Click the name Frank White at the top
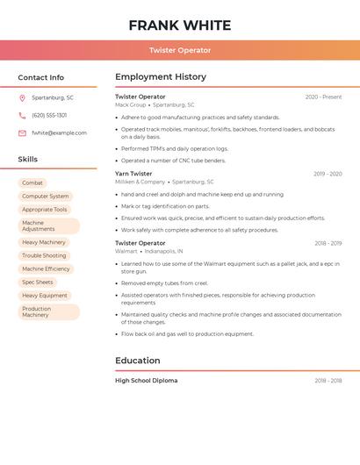tap(180, 25)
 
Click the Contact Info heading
tap(40, 77)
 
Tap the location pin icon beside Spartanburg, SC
tap(22, 97)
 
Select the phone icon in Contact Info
tap(22, 115)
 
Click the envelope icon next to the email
tap(22, 132)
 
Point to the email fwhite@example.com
tap(59, 132)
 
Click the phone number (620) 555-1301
tap(49, 115)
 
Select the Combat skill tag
tap(32, 182)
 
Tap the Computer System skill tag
tap(46, 197)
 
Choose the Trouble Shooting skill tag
tap(44, 255)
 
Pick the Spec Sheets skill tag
tap(38, 283)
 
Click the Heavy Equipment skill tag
tap(45, 296)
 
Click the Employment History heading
tap(161, 77)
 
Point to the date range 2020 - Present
tap(323, 97)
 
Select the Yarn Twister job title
tap(133, 174)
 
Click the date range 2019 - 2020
tap(328, 174)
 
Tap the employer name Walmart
tap(126, 251)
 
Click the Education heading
tap(138, 361)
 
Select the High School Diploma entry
tap(146, 381)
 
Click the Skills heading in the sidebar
tap(28, 160)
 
